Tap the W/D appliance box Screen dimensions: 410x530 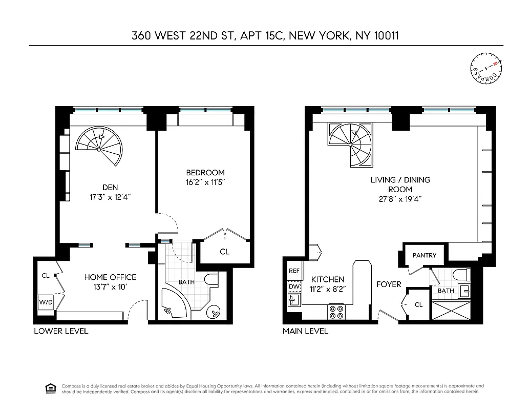(45, 302)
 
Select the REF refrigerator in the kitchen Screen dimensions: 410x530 (294, 271)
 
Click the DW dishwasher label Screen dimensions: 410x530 (294, 286)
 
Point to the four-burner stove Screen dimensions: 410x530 (336, 312)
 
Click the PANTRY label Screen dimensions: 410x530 (424, 255)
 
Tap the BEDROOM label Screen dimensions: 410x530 (205, 172)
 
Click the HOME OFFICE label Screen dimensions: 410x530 (110, 277)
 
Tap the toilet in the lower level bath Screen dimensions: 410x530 (211, 279)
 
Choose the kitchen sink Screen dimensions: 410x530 (294, 299)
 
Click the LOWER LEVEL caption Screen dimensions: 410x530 (61, 331)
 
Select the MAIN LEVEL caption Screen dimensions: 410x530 (305, 331)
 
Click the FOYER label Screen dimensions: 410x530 (389, 284)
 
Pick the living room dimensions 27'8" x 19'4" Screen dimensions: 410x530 (400, 199)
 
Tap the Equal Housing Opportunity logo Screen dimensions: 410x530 (51, 388)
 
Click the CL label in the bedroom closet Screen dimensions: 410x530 (224, 252)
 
